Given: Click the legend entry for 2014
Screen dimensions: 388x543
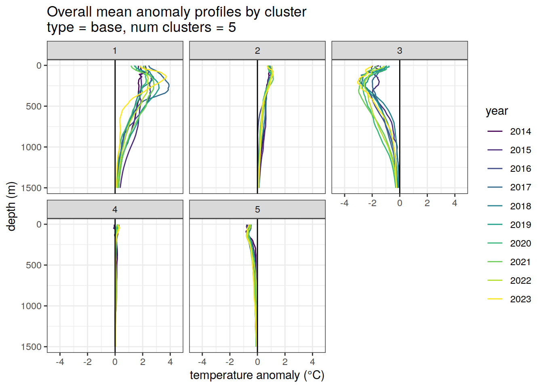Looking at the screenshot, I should pos(520,131).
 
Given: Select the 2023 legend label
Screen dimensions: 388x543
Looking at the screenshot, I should pos(520,299).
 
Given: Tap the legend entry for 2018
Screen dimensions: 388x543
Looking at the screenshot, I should pos(520,206).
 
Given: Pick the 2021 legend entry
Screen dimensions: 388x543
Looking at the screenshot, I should pos(520,262).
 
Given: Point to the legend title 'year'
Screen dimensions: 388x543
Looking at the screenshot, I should pos(497,111).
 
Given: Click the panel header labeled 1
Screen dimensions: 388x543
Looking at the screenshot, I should pos(115,51).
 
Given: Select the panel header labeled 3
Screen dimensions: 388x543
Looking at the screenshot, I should pos(400,51).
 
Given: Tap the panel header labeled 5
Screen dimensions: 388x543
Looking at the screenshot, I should pos(257,209).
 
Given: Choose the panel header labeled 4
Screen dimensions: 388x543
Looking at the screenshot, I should pos(115,209).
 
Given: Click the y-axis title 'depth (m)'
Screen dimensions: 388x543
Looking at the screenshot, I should pos(11,207).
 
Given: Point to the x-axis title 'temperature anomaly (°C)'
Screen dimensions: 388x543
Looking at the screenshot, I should pos(257,375).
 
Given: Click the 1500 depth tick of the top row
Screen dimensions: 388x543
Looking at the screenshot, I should pos(32,188).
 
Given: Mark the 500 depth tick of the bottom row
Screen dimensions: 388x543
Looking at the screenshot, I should pos(34,265).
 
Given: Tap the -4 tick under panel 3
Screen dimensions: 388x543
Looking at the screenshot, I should pos(344,203).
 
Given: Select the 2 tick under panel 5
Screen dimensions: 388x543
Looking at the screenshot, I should pos(285,362).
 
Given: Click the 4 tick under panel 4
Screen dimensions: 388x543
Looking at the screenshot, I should pos(170,362).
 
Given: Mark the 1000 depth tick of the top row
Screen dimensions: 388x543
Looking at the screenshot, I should pos(32,147).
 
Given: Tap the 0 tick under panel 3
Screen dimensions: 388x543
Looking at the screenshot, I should pos(400,203).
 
